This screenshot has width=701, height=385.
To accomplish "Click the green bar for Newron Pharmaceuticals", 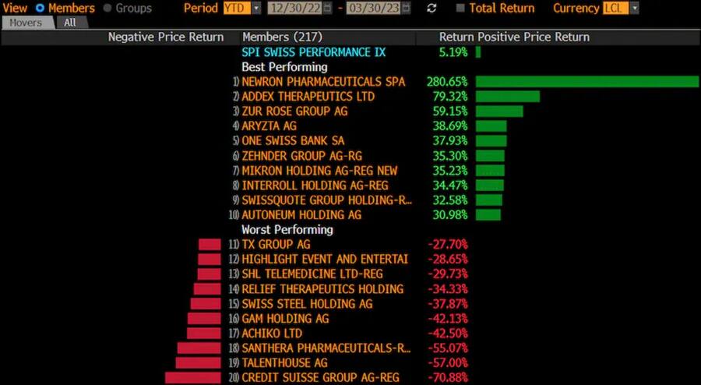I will click(587, 82).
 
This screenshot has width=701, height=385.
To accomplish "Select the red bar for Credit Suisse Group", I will click(193, 378).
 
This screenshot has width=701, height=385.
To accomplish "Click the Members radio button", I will click(41, 8).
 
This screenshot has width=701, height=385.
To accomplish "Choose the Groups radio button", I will click(107, 8).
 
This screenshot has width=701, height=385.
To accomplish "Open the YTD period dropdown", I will click(242, 8).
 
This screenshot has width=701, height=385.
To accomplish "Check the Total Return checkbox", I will click(461, 8).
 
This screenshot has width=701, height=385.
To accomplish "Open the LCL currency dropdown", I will click(621, 8).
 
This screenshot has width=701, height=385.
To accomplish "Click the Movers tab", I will click(26, 23).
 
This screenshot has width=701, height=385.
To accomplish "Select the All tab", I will click(70, 23).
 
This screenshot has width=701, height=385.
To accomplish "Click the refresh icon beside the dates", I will click(432, 8).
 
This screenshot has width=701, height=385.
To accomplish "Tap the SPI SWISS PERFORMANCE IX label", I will click(313, 52).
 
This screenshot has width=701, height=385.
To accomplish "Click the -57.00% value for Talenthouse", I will click(448, 363).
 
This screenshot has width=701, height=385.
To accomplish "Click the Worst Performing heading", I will click(287, 230).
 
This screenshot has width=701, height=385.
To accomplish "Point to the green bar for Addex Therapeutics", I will click(507, 97).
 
